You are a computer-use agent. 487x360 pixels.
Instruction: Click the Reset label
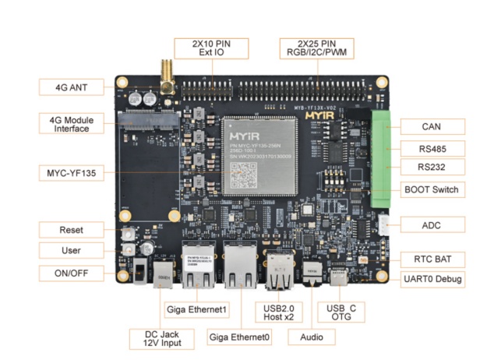click(x=70, y=230)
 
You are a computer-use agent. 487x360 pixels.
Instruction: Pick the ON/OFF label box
click(x=70, y=273)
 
